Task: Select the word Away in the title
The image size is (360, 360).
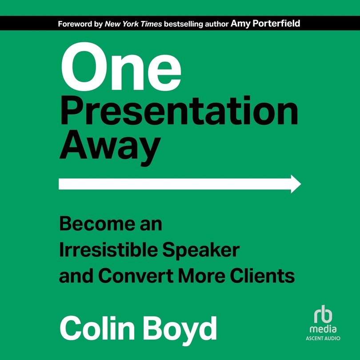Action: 109,146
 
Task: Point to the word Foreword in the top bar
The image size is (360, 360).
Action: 74,24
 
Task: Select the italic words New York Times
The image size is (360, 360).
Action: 133,24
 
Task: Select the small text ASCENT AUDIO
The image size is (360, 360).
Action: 324,339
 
